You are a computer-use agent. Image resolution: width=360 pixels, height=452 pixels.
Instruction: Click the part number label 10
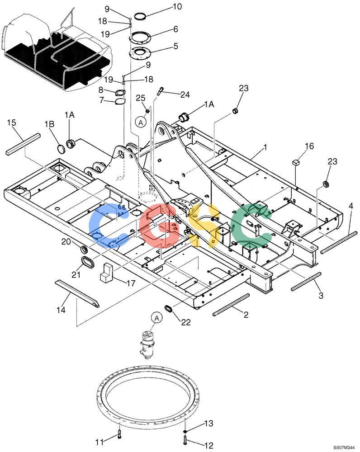177,6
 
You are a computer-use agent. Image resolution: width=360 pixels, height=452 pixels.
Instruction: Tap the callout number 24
185,94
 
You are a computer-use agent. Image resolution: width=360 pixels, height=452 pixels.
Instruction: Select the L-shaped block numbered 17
107,273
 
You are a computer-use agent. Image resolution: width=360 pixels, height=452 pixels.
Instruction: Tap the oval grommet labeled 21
87,262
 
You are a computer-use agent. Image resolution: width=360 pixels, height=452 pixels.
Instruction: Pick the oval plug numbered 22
169,308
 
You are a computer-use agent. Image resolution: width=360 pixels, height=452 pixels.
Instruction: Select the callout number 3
321,296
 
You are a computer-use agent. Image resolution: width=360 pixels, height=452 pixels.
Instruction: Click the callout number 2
246,314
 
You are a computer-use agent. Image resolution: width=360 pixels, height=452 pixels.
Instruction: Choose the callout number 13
209,423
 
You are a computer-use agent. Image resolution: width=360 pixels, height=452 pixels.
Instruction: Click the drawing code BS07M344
344,447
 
